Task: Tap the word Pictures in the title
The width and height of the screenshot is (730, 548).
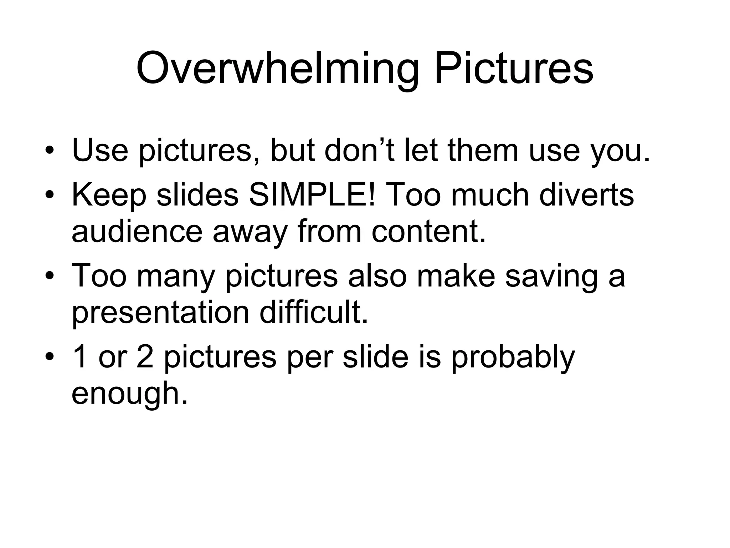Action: click(514, 68)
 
